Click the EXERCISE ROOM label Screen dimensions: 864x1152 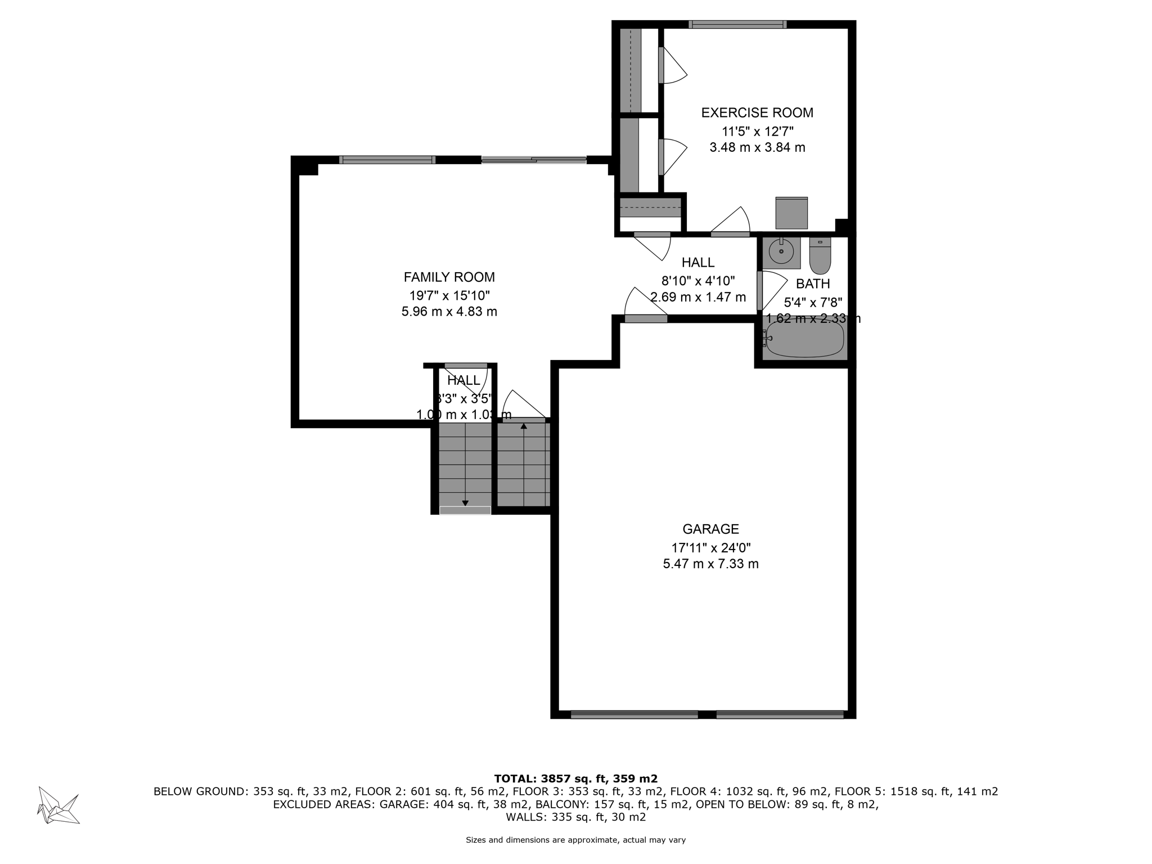point(757,112)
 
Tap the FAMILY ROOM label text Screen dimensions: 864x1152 point(449,277)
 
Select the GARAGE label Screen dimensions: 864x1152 point(710,529)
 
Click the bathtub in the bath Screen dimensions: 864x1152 point(805,339)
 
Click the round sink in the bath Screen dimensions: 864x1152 point(781,251)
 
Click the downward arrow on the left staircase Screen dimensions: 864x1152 point(465,502)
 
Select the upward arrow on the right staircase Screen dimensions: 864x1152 point(524,426)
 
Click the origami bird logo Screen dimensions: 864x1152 point(57,805)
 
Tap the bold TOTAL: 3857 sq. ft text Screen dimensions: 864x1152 point(575,778)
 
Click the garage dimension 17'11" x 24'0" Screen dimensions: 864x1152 point(710,547)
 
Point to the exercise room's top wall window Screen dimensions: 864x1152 point(737,24)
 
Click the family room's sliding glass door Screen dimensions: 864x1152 point(534,160)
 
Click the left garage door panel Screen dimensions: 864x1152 point(634,715)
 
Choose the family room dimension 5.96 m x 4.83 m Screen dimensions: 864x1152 point(449,312)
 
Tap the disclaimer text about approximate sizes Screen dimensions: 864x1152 point(575,840)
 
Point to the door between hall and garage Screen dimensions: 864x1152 point(646,318)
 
